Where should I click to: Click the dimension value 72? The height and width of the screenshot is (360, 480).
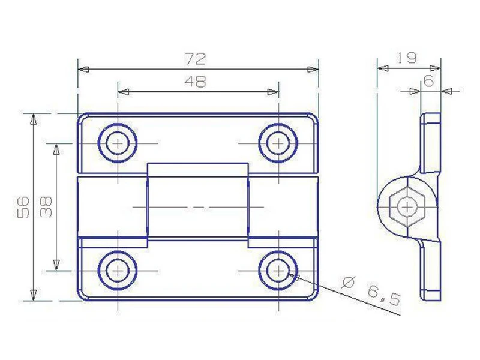tap(196, 59)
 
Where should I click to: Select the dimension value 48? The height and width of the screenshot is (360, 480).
tap(196, 82)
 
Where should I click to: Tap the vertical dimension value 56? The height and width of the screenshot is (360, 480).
tap(23, 206)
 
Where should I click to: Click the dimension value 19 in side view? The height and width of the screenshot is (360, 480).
tap(407, 58)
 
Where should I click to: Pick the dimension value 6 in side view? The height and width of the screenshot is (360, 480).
tap(428, 80)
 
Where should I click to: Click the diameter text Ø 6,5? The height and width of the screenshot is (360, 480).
tap(371, 291)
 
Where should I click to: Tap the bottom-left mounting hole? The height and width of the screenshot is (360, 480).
tap(118, 271)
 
